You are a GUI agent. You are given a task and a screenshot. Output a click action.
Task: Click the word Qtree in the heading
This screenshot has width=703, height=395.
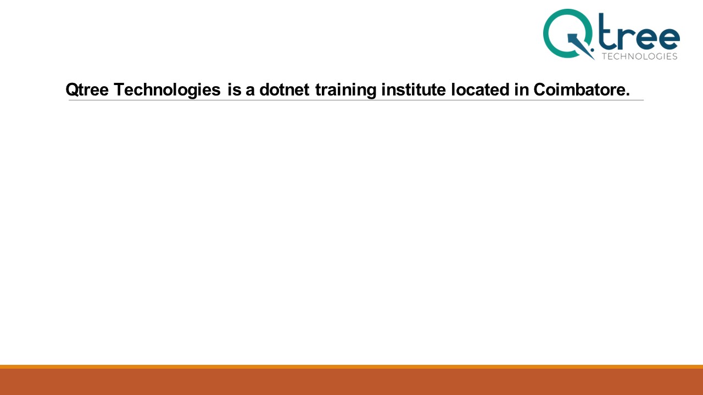pyautogui.click(x=87, y=90)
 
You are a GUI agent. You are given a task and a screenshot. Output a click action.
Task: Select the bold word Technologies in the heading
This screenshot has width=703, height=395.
pyautogui.click(x=168, y=90)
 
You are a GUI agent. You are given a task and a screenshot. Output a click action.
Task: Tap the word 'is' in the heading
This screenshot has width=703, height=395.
pyautogui.click(x=235, y=89)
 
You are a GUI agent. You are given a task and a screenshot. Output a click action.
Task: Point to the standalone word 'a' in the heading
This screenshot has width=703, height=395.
pyautogui.click(x=250, y=92)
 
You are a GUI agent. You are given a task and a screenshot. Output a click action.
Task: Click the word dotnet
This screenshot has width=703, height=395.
pyautogui.click(x=284, y=89)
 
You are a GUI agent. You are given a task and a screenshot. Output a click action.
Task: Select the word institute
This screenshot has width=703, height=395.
pyautogui.click(x=414, y=89)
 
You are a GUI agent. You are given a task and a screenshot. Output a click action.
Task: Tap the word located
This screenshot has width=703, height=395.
pyautogui.click(x=480, y=89)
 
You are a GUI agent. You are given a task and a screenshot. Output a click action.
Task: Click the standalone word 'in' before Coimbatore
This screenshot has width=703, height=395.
pyautogui.click(x=521, y=89)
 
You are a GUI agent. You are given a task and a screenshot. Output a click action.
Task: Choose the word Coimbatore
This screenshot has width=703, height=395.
pyautogui.click(x=579, y=89)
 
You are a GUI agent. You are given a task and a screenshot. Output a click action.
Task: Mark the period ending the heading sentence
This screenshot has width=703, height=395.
pyautogui.click(x=628, y=95)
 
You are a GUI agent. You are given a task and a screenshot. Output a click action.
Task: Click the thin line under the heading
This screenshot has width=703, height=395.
pyautogui.click(x=356, y=100)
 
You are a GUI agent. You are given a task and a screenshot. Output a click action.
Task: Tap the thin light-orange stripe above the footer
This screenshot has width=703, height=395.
pyautogui.click(x=351, y=367)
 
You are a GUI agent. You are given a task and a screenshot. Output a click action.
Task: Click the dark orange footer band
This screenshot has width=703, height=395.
pyautogui.click(x=351, y=382)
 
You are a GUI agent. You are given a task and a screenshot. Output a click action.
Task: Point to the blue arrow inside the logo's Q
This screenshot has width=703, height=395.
pyautogui.click(x=581, y=47)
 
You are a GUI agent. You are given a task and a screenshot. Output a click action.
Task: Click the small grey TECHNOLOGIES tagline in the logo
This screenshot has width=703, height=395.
pyautogui.click(x=639, y=57)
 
